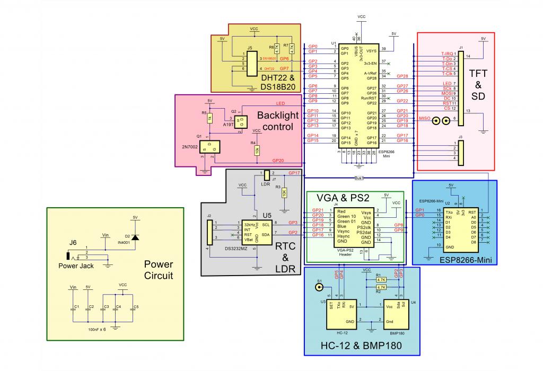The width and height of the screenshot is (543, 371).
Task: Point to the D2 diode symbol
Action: pos(135,237)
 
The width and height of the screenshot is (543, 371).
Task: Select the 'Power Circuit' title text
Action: pos(159,269)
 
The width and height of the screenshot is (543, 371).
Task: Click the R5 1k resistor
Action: pos(209,118)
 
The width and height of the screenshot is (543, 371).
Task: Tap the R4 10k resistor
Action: pos(257,150)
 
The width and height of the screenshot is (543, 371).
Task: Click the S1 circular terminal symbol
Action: pos(319,287)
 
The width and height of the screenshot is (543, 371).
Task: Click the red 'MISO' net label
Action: pos(425,119)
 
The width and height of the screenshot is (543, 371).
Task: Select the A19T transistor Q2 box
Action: pos(241,122)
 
